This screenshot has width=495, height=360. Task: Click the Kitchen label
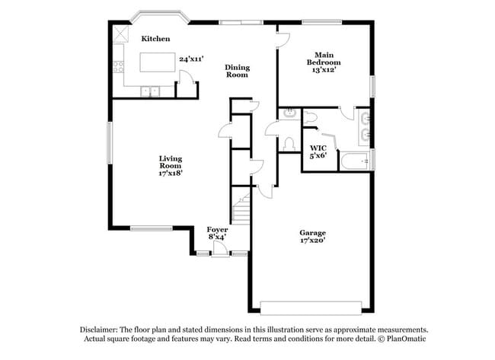click(x=155, y=38)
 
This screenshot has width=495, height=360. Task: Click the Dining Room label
click(x=237, y=72)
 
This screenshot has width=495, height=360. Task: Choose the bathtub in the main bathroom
click(x=355, y=161)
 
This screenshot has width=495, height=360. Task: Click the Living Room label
click(x=170, y=162)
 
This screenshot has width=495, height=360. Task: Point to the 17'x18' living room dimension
click(x=170, y=174)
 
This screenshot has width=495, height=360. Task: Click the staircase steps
click(x=241, y=209)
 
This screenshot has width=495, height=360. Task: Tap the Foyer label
click(x=217, y=229)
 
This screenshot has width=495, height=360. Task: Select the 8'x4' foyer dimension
click(x=217, y=237)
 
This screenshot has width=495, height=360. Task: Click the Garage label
click(x=312, y=233)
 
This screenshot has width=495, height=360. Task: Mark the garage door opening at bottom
click(x=311, y=307)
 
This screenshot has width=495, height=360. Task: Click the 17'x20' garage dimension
click(x=312, y=241)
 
